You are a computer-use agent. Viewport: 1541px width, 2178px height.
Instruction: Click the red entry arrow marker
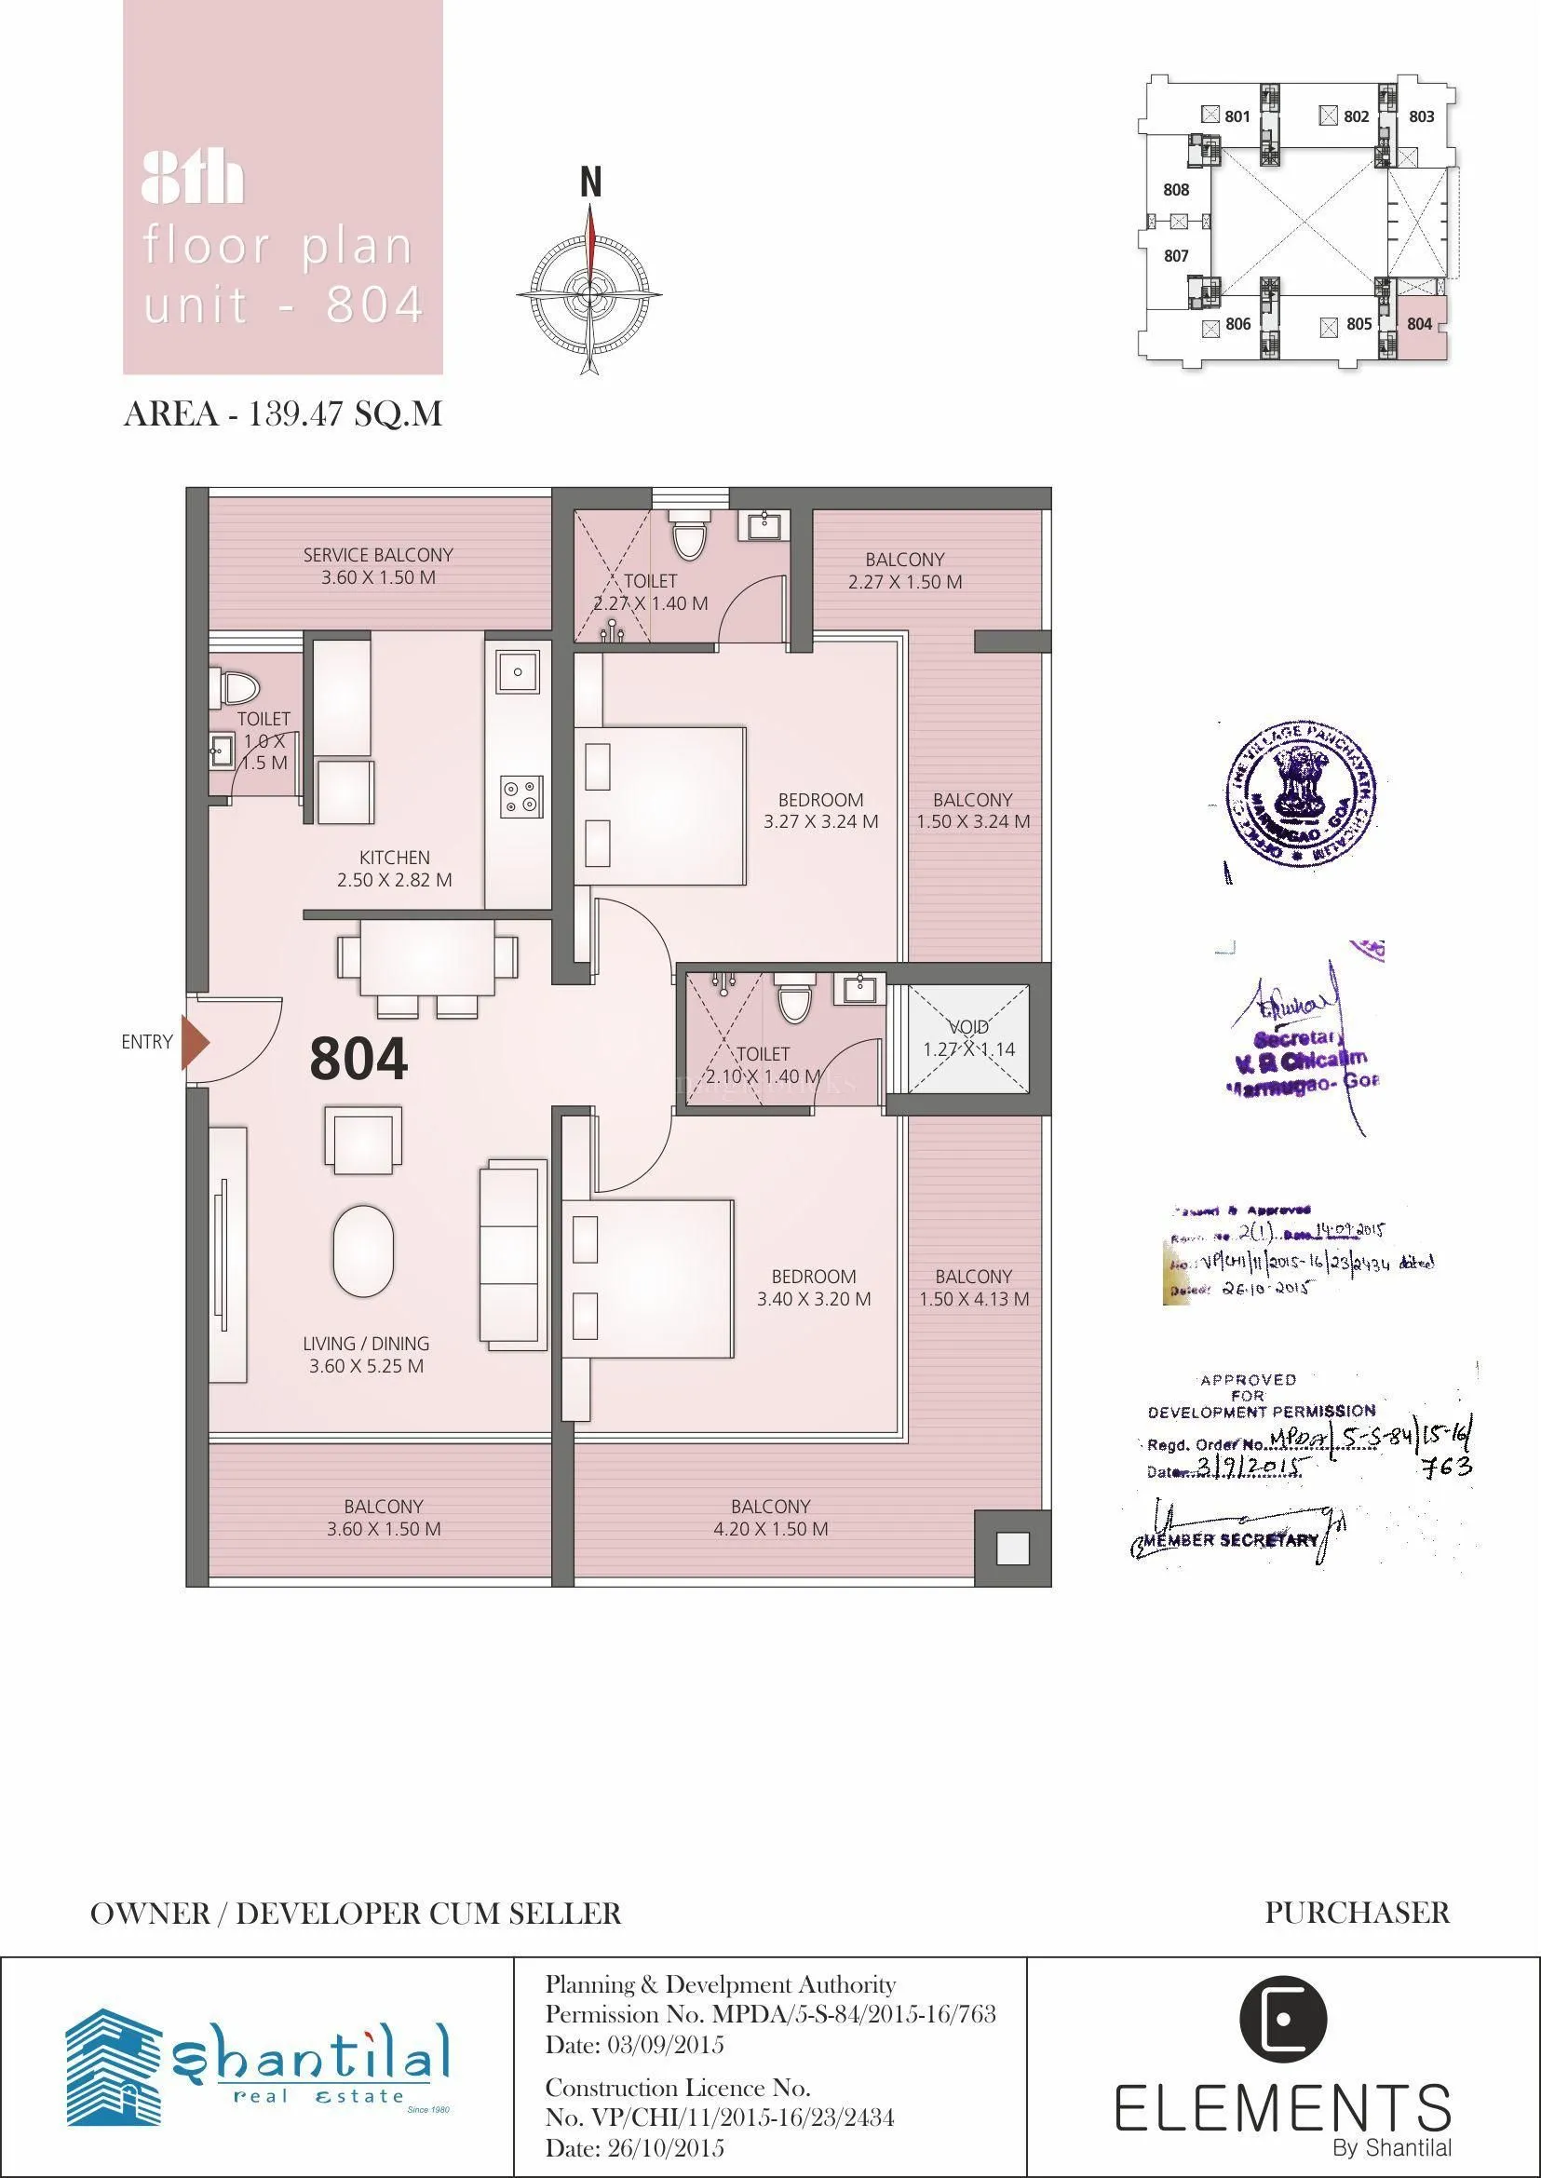[195, 1042]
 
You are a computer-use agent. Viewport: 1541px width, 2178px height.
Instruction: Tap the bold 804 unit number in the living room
[358, 1059]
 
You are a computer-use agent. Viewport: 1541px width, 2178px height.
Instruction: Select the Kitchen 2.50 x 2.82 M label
[394, 869]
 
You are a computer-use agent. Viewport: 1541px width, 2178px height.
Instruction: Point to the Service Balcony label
[378, 565]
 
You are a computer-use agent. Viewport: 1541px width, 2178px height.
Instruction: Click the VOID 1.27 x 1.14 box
[967, 1038]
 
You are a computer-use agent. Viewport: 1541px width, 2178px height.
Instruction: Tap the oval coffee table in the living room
[362, 1251]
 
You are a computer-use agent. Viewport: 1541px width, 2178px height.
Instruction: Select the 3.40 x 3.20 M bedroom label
[813, 1288]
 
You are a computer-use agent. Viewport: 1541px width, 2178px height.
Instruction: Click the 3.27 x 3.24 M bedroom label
[819, 810]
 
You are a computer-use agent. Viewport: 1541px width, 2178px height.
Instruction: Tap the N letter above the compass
[590, 183]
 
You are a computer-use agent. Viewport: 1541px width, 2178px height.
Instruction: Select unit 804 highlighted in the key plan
[1420, 325]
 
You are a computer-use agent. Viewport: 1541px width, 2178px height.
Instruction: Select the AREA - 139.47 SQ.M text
[283, 414]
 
